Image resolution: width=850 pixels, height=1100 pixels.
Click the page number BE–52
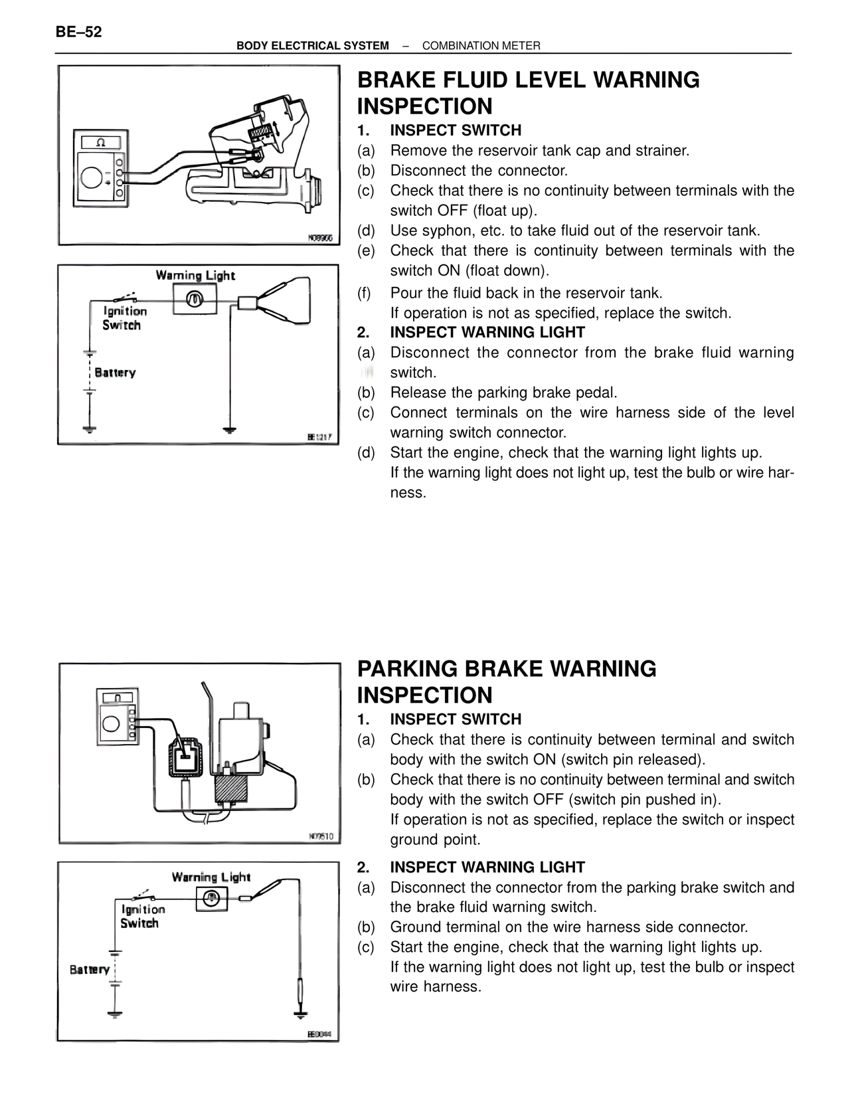coord(79,31)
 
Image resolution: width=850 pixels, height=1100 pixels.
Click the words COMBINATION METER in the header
coord(481,46)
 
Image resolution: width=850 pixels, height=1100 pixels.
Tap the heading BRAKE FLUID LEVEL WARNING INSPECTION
coord(528,93)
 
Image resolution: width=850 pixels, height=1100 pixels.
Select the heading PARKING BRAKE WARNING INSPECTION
coord(507,682)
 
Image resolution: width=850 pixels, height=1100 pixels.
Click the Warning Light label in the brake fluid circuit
coord(195,275)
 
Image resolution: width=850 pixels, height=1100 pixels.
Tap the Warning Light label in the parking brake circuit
coord(211,877)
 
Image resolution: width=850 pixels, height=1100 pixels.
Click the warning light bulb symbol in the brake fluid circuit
coord(195,299)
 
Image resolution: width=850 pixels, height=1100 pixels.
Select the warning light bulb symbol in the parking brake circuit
coord(212,899)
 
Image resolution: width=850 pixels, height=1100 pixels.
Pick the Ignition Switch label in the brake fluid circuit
coord(124,318)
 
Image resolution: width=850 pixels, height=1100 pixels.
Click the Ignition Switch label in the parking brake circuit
coord(142,916)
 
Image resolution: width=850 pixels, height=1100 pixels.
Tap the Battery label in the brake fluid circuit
coord(115,373)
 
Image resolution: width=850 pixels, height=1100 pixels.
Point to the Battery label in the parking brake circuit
coord(90,969)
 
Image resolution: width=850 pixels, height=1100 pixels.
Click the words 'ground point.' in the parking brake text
coord(435,840)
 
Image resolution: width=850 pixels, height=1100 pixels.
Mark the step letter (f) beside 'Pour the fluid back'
coord(365,293)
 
